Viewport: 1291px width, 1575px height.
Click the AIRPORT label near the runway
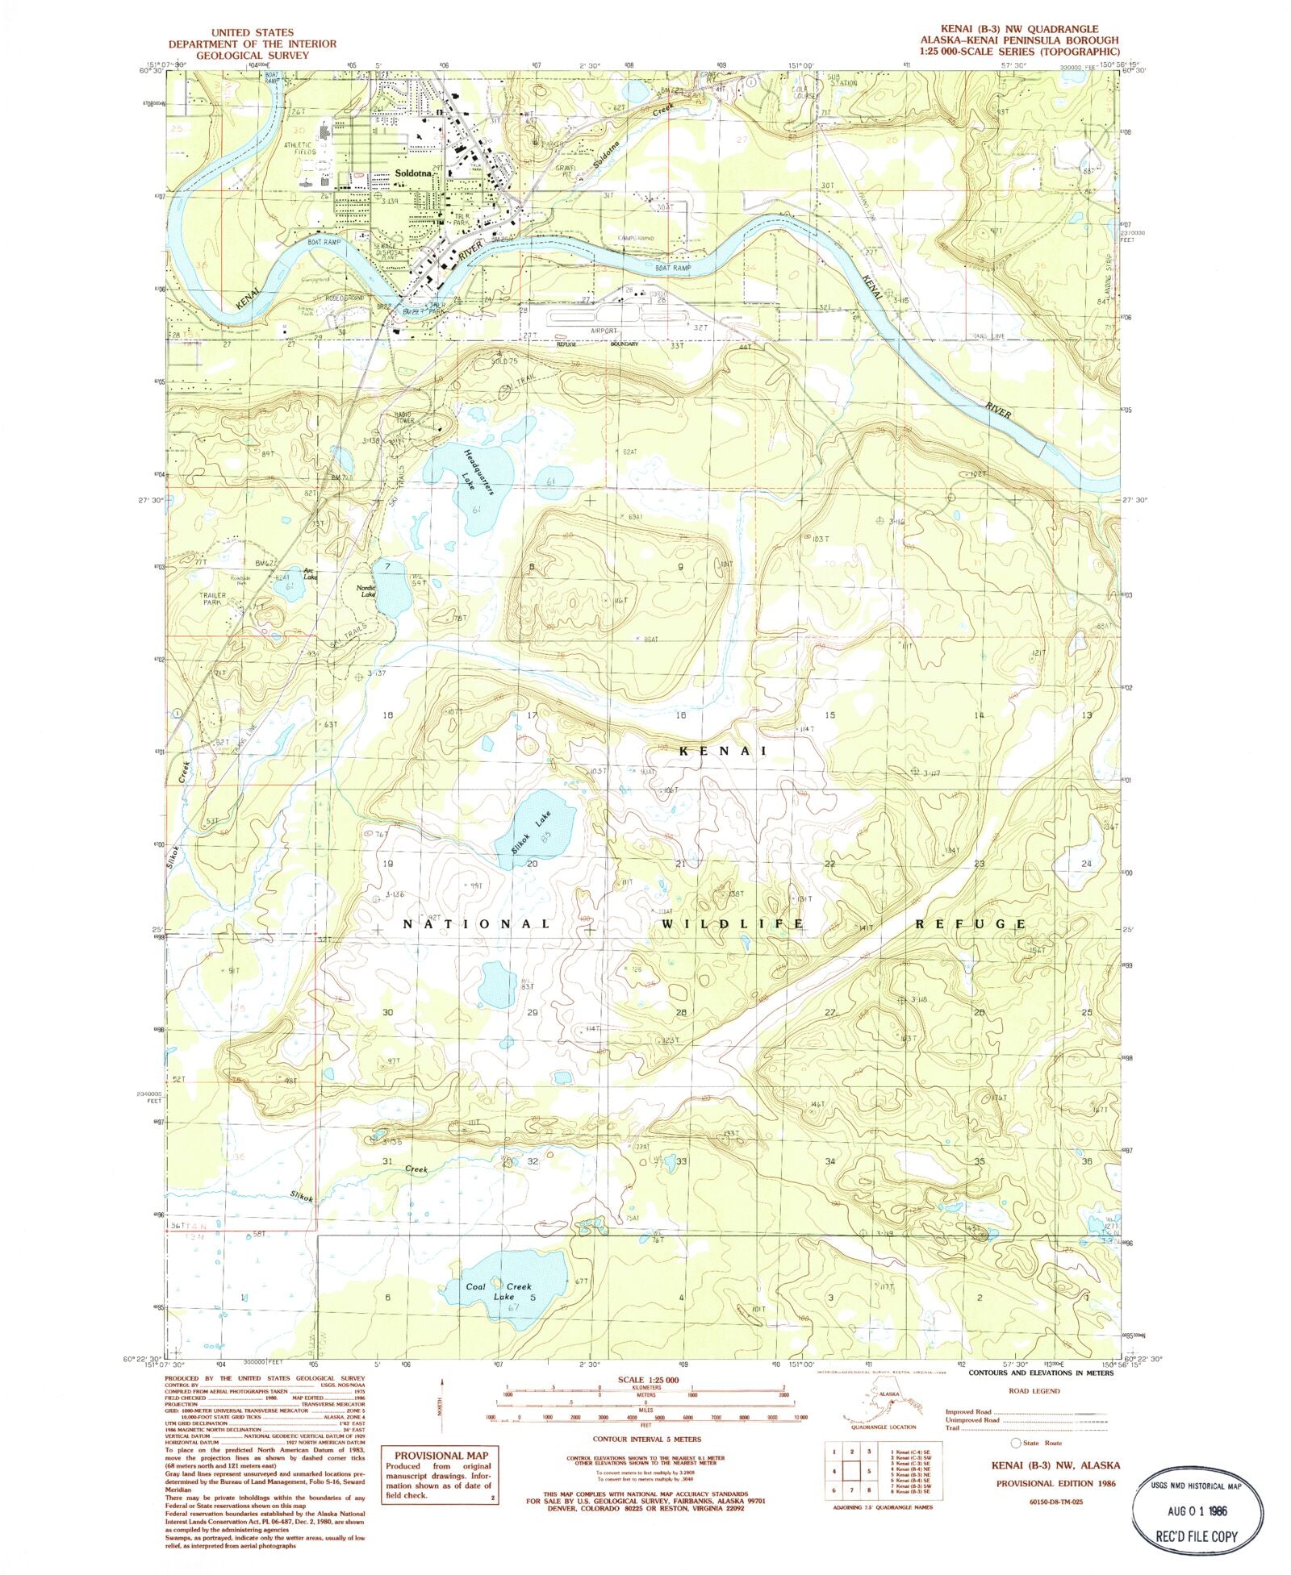pos(604,331)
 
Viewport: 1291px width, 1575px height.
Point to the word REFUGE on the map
pos(970,924)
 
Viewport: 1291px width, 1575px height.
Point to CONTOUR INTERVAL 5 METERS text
pos(646,1439)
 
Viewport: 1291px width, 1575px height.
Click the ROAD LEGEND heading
pos(1034,1391)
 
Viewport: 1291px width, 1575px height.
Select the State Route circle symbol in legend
pos(1015,1443)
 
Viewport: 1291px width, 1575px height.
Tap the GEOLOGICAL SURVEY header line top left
pos(252,56)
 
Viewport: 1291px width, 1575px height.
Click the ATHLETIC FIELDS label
pos(300,149)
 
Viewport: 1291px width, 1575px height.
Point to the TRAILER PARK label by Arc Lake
pos(211,598)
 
